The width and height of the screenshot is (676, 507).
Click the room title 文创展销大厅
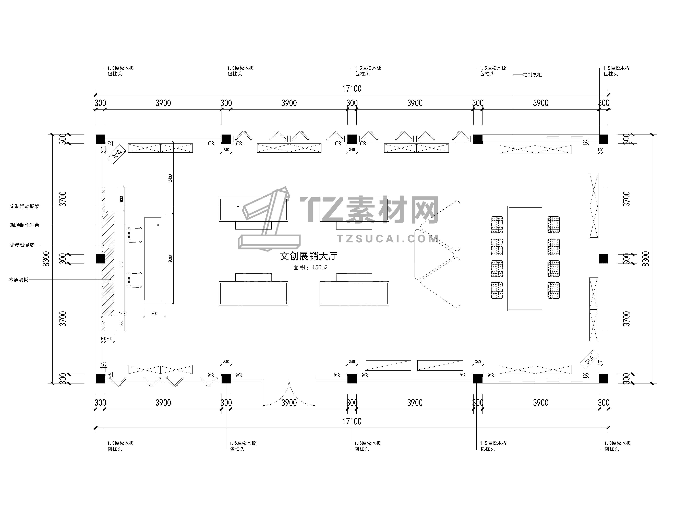pyautogui.click(x=309, y=256)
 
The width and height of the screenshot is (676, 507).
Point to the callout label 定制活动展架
pyautogui.click(x=25, y=207)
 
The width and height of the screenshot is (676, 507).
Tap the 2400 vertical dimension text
pyautogui.click(x=170, y=178)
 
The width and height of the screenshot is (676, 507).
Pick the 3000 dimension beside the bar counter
pyautogui.click(x=170, y=259)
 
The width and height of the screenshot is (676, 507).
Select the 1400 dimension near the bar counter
pyautogui.click(x=123, y=313)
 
